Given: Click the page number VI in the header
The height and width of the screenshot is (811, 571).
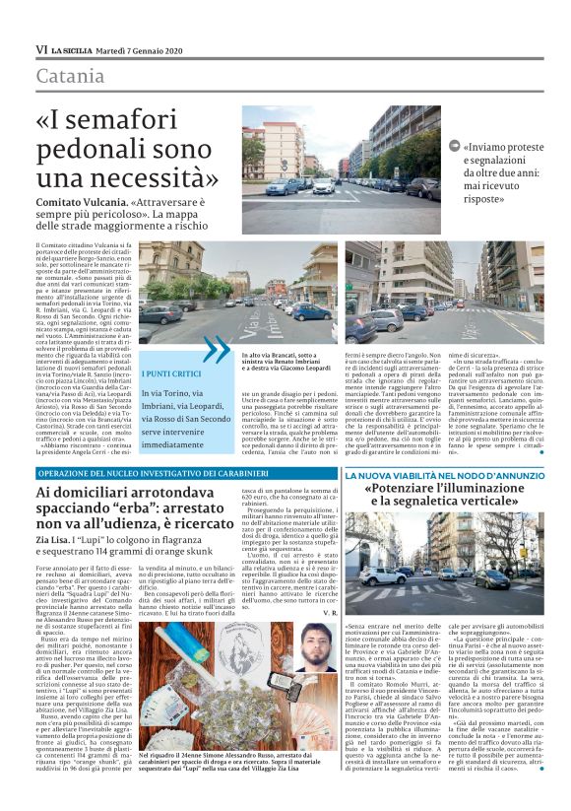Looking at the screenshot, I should pos(40,49).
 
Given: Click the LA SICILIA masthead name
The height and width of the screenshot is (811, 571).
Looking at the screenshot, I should pos(76,49).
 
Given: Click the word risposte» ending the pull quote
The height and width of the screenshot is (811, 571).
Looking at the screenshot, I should pos(482,198).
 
